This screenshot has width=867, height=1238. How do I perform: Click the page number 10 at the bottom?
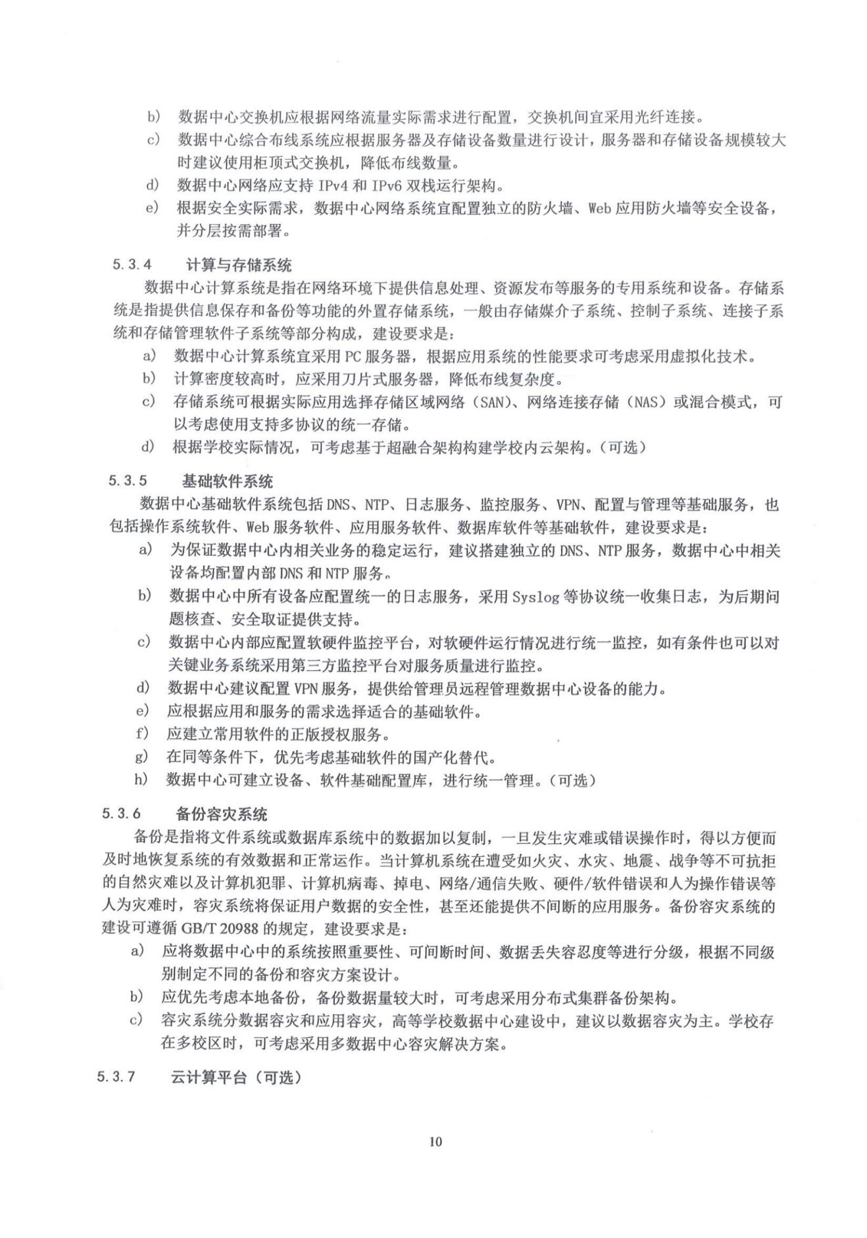coord(435,1141)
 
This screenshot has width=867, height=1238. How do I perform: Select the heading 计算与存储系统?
coord(239,265)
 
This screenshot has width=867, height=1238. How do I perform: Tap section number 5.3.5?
coord(128,481)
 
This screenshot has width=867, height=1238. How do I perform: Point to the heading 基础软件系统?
coord(227,482)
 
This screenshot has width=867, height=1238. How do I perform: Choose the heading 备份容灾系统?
coord(221,814)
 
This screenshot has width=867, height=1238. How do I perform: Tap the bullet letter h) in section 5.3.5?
coord(141,780)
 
